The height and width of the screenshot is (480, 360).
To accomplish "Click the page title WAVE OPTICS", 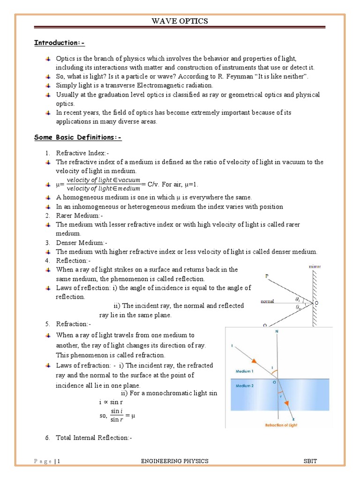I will point(180,21).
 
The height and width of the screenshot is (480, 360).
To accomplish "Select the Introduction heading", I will point(59,43).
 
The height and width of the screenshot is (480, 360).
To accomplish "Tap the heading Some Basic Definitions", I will point(78,137).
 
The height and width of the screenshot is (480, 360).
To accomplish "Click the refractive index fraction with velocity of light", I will point(104,184).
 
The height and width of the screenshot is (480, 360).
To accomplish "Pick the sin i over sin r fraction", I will point(116,415).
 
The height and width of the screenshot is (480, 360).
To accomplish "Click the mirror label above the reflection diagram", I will point(315,267).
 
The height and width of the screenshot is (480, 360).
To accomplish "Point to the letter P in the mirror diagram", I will point(267,277).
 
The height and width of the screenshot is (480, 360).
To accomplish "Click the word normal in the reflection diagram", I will point(268,301).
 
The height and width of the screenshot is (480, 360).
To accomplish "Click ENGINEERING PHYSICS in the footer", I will point(175,461).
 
